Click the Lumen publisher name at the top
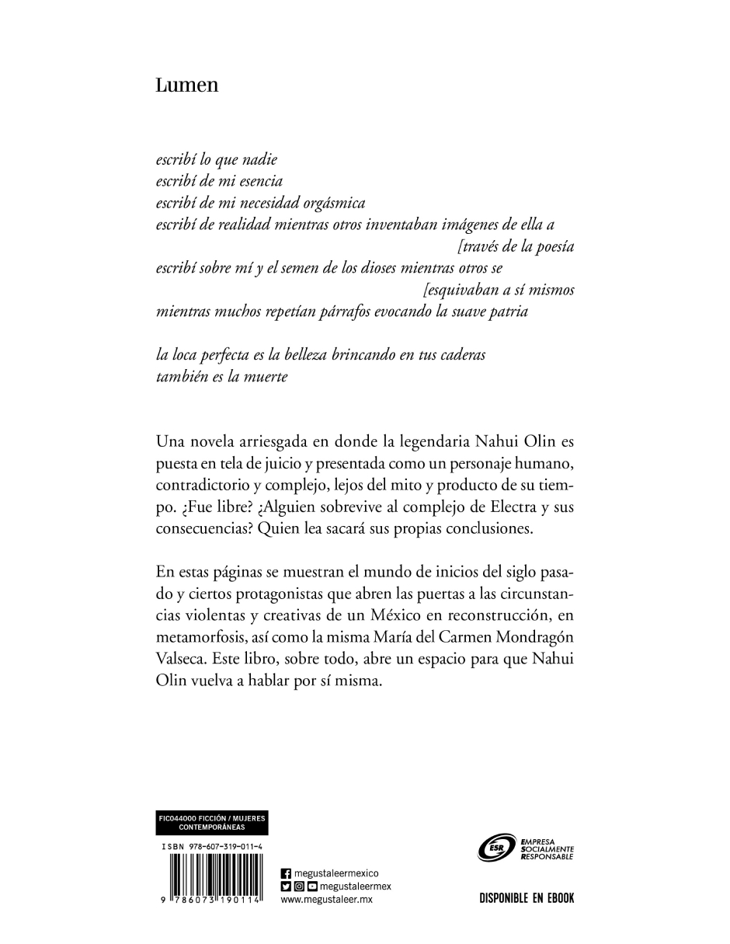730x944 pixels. pyautogui.click(x=187, y=85)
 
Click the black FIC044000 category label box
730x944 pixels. pyautogui.click(x=212, y=823)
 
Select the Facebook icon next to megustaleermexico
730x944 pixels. pyautogui.click(x=285, y=873)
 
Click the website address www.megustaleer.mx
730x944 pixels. pyautogui.click(x=326, y=900)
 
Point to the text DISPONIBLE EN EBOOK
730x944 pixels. pyautogui.click(x=527, y=899)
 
